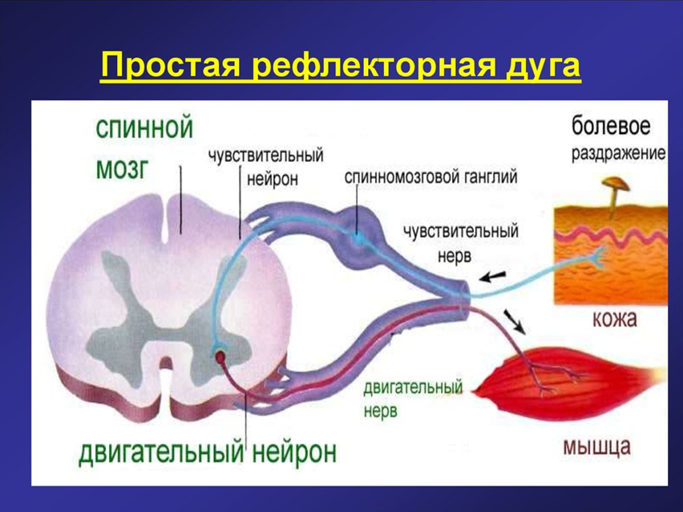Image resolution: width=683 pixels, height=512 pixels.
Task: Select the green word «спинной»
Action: [144, 128]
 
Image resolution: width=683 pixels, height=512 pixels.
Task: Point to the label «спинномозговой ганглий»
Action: [431, 177]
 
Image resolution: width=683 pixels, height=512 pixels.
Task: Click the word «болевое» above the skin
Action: [611, 126]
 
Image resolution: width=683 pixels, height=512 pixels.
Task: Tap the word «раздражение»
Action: [619, 154]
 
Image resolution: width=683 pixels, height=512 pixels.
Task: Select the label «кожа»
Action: [615, 319]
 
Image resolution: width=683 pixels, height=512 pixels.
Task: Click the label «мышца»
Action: [596, 448]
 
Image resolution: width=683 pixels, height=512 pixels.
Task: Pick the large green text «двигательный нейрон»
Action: [208, 453]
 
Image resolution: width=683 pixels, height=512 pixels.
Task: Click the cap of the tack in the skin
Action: [616, 184]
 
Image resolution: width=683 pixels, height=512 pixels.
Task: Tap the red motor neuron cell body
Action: [220, 358]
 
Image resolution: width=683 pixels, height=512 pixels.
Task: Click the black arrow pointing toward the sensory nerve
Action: [493, 276]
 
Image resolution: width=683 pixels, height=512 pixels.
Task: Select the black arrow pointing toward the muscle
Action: [515, 322]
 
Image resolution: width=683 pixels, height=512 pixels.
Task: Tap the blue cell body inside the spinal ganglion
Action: [358, 238]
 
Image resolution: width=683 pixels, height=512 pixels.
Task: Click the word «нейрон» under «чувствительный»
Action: [273, 179]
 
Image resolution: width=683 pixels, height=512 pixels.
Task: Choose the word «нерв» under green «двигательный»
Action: [380, 411]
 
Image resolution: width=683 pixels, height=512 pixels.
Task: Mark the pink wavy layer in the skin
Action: [610, 237]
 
